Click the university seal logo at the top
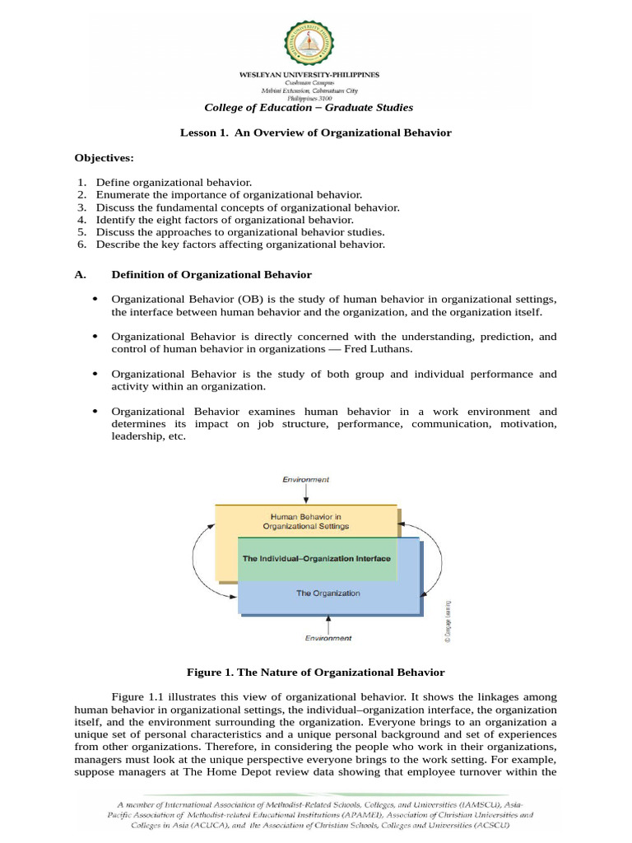coord(309,44)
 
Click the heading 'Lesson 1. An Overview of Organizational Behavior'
coord(315,133)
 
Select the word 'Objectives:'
coord(104,157)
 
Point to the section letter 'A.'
coord(80,274)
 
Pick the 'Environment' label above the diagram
coord(305,478)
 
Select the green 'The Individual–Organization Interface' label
coord(316,558)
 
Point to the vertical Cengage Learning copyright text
coord(448,621)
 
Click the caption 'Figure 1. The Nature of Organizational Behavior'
coord(315,673)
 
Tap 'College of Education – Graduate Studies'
coord(309,108)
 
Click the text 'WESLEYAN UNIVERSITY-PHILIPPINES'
coord(309,74)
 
